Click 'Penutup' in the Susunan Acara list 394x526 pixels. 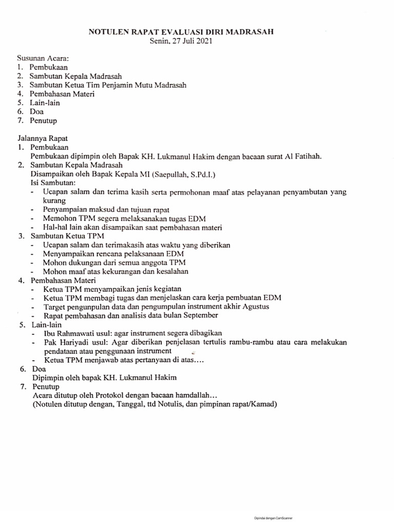click(x=43, y=121)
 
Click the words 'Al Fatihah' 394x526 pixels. click(x=306, y=156)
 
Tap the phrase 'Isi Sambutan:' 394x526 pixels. click(x=53, y=183)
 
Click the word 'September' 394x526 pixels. click(x=200, y=315)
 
